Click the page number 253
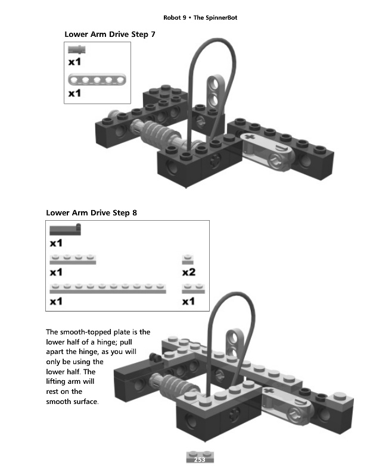click(200, 459)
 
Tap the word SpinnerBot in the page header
click(215, 18)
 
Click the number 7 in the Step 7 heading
click(153, 35)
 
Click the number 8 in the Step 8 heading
click(134, 213)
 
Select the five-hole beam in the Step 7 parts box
click(97, 80)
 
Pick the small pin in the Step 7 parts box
click(77, 49)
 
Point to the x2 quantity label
click(189, 272)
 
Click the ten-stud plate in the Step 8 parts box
click(108, 289)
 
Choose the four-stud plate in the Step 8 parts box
click(73, 259)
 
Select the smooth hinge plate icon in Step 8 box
click(65, 230)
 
